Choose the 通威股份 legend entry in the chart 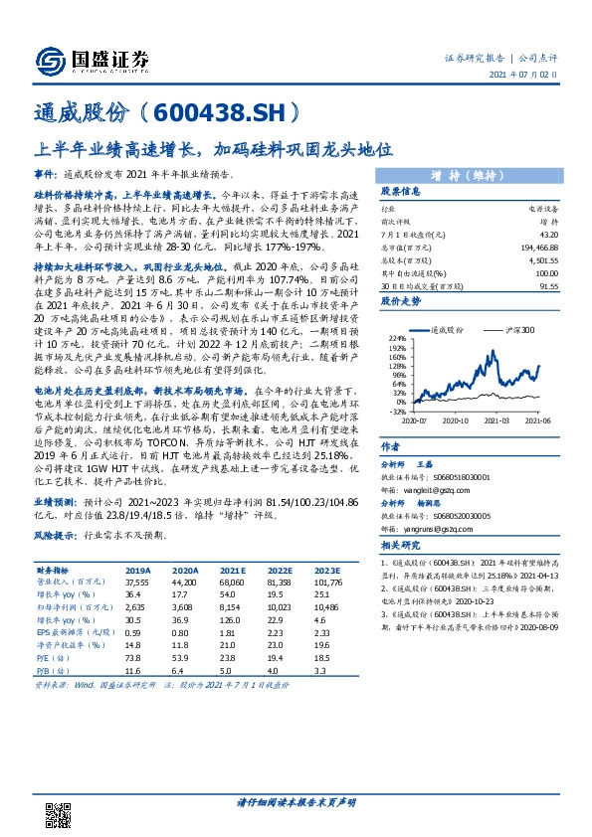[x=448, y=328]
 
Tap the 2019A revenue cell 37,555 [x=137, y=581]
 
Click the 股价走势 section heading [x=401, y=299]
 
